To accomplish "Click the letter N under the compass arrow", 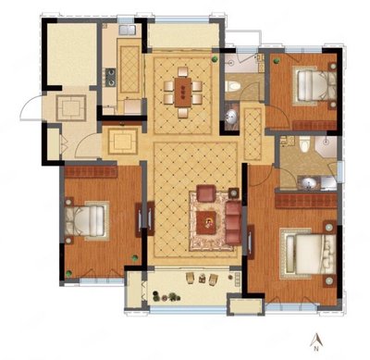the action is pyautogui.click(x=315, y=349).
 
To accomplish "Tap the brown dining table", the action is pyautogui.click(x=183, y=93).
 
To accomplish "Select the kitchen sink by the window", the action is pyautogui.click(x=128, y=30).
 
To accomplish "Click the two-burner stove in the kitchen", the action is pyautogui.click(x=111, y=78).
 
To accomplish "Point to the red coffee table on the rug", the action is pyautogui.click(x=206, y=222).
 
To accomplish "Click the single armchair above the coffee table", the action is pyautogui.click(x=206, y=193).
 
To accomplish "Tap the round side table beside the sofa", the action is pyautogui.click(x=234, y=193).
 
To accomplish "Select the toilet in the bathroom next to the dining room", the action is pyautogui.click(x=233, y=86).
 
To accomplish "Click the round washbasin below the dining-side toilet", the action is pyautogui.click(x=231, y=116).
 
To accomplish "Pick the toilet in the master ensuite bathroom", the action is pyautogui.click(x=304, y=144).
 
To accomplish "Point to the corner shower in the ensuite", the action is pyautogui.click(x=326, y=146).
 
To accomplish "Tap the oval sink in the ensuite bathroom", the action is pyautogui.click(x=309, y=183).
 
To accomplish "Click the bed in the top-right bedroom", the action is pyautogui.click(x=315, y=84).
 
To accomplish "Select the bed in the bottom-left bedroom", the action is pyautogui.click(x=87, y=221).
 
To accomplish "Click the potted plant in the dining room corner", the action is pyautogui.click(x=214, y=59).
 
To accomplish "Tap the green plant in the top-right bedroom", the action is pyautogui.click(x=277, y=61).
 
